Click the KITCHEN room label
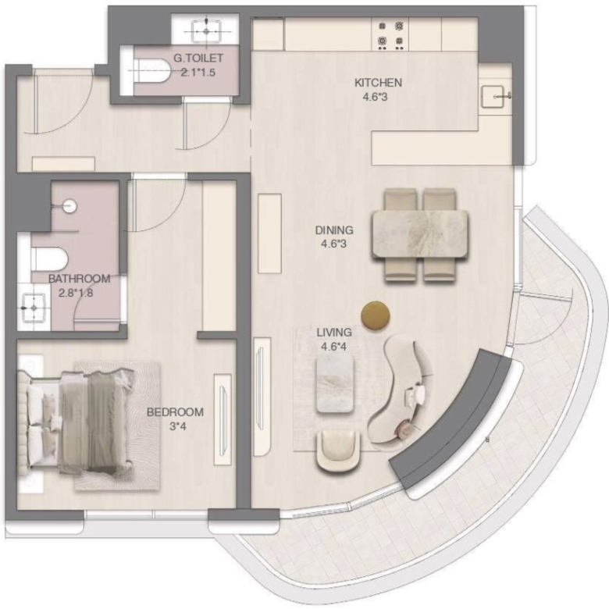(378, 83)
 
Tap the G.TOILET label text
(198, 59)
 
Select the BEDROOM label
(175, 412)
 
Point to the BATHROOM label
(79, 279)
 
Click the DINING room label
(334, 230)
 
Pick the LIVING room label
(334, 333)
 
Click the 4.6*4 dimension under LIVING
(333, 347)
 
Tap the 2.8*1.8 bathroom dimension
(76, 293)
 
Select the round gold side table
(376, 315)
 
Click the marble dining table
(420, 234)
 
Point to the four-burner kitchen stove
(390, 34)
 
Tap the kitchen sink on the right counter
(493, 96)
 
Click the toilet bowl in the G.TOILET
(151, 70)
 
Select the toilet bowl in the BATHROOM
(50, 258)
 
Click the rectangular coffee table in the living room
(335, 384)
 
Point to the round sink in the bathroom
(70, 206)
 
